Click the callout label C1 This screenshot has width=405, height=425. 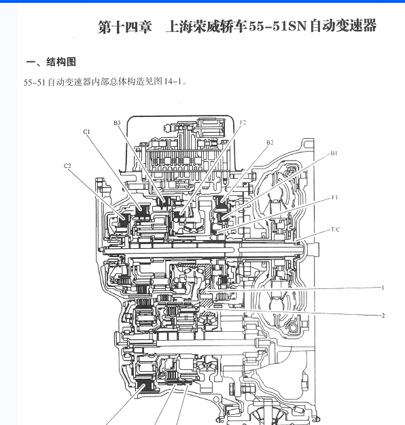tap(86, 132)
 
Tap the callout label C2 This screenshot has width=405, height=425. tap(67, 166)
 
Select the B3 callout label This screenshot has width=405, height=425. tap(117, 123)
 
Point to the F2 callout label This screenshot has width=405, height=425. tap(243, 122)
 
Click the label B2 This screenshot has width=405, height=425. tap(270, 143)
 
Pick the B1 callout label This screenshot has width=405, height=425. tap(334, 153)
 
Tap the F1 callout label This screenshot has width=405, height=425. tap(335, 198)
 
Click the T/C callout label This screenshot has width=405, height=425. tap(336, 230)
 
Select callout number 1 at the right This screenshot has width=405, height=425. tap(383, 288)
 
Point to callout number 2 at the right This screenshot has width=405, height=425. tap(383, 316)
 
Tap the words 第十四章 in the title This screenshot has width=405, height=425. tap(125, 27)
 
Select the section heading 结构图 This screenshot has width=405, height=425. tap(61, 62)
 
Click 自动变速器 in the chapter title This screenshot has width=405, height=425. tap(343, 26)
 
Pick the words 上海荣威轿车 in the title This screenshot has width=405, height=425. tap(207, 27)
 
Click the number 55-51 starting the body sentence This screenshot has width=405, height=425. tap(35, 82)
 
